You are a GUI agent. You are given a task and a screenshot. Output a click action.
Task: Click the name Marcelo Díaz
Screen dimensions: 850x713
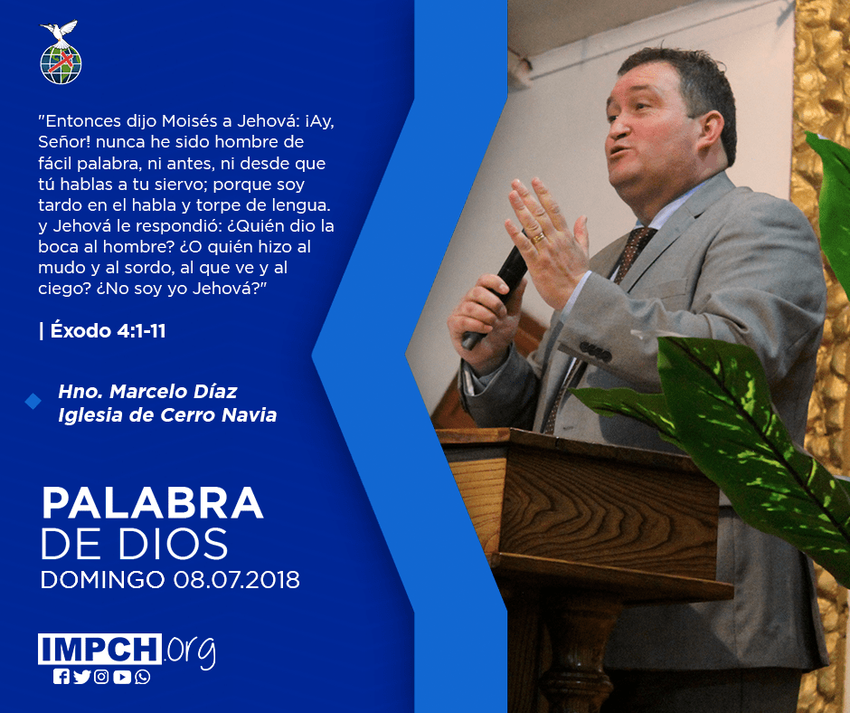click(174, 391)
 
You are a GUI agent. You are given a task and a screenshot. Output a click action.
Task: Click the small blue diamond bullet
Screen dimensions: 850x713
click(33, 402)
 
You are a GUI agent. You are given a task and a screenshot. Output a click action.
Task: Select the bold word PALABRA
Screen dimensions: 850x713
click(152, 504)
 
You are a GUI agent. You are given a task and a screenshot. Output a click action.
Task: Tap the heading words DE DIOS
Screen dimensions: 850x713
click(135, 543)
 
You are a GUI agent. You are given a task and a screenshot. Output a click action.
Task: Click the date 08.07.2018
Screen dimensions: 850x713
click(236, 579)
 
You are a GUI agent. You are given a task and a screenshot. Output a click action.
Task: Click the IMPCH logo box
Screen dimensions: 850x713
click(99, 649)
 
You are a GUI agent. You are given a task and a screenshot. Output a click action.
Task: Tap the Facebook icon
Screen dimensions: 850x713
click(61, 677)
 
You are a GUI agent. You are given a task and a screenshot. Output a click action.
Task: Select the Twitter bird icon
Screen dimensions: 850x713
click(82, 677)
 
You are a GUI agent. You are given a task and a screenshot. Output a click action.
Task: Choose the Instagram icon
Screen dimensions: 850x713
click(101, 677)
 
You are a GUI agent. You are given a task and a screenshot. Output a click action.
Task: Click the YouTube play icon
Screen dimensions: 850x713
click(122, 677)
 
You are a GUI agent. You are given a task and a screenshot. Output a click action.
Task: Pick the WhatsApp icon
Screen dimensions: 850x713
click(143, 677)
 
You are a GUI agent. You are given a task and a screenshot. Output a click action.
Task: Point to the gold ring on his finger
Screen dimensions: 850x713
click(538, 238)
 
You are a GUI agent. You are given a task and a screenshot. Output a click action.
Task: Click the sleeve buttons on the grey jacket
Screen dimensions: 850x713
click(595, 352)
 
